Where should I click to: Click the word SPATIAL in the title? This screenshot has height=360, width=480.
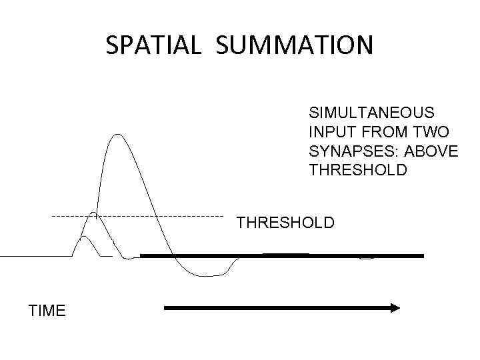(x=152, y=45)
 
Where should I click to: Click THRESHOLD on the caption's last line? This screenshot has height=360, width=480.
(x=358, y=171)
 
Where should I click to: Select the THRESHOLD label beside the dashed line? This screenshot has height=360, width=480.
(x=285, y=223)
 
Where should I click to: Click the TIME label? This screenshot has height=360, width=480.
(x=47, y=311)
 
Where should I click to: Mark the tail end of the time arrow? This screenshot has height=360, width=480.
(x=167, y=308)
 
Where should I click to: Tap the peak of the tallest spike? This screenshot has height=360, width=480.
(x=117, y=135)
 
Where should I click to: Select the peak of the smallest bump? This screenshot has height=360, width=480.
(x=85, y=237)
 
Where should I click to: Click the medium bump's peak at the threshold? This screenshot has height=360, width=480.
(x=95, y=213)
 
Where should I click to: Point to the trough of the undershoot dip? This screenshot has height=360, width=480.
(x=207, y=275)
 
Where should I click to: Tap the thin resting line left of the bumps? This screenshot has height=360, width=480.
(x=33, y=256)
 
